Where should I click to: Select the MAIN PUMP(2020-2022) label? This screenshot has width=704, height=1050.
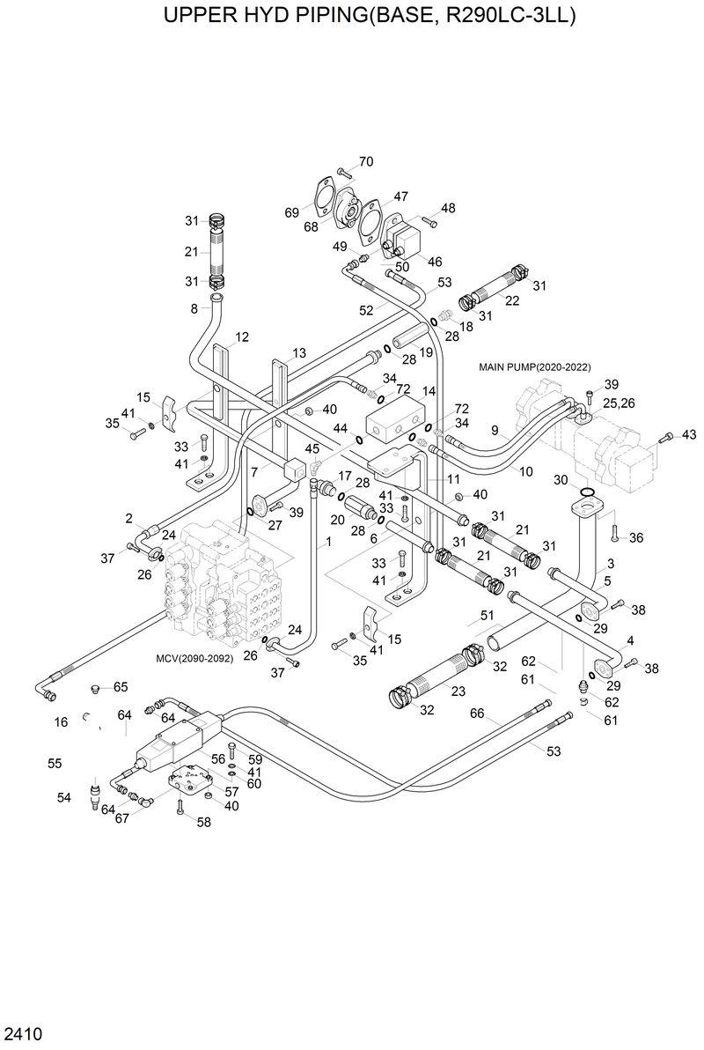click(534, 366)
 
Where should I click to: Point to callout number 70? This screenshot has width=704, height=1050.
click(365, 161)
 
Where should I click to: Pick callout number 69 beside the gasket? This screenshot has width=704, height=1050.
click(292, 213)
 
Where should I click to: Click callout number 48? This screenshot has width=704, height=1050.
click(448, 208)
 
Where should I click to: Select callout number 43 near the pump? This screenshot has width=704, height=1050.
click(689, 434)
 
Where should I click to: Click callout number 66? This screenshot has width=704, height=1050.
click(477, 713)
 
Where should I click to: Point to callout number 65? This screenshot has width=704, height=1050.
click(120, 686)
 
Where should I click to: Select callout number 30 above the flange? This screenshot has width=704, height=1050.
click(560, 479)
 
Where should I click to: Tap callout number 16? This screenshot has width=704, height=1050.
click(61, 721)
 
